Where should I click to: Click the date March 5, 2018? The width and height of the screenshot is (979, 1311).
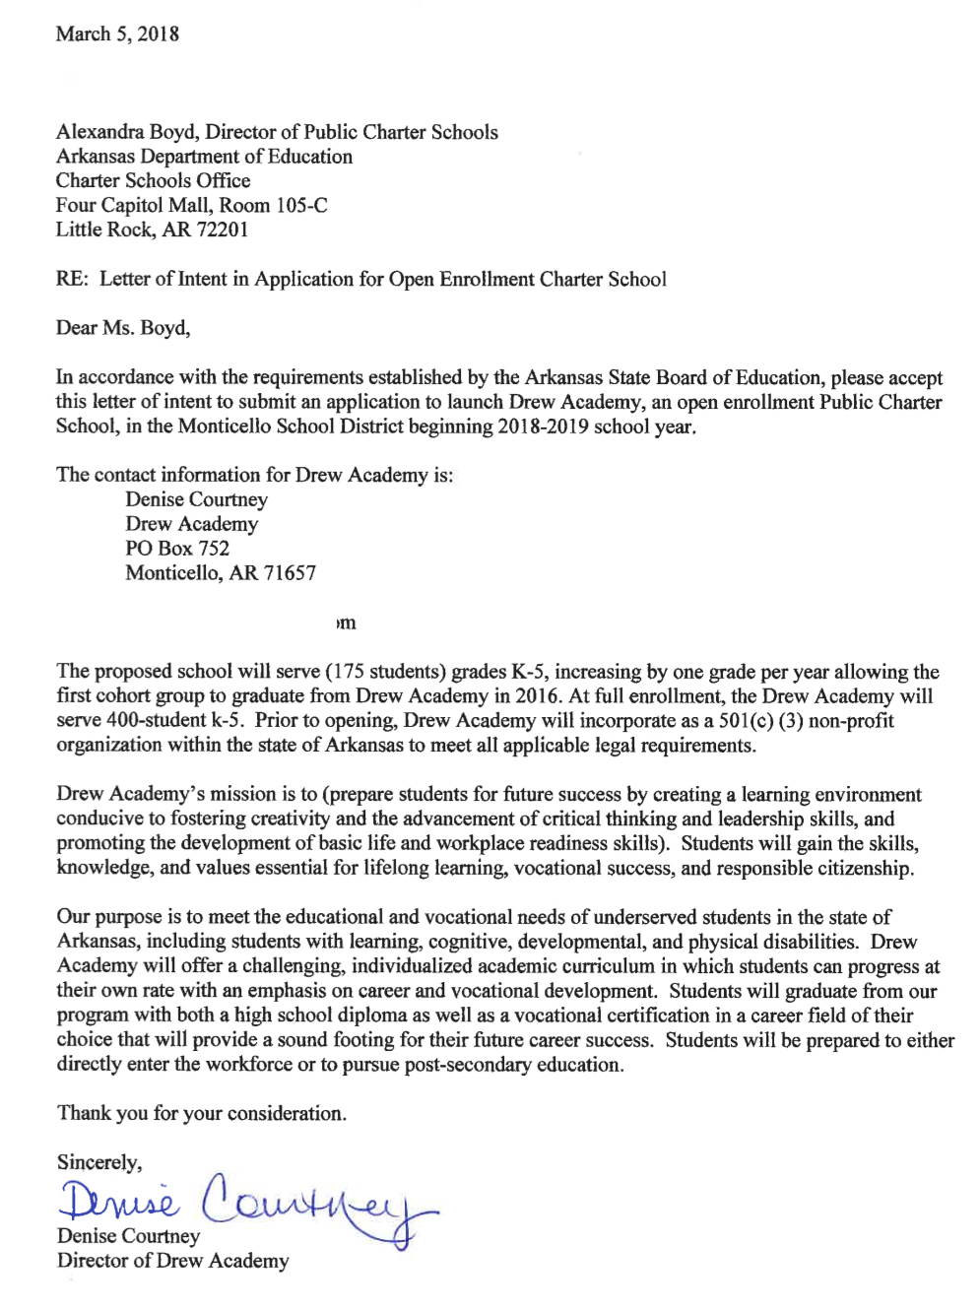117,34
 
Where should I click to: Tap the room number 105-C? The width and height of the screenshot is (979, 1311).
301,205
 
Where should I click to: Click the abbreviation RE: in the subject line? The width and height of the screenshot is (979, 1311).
72,279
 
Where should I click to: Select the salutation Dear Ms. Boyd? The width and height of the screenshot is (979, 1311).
122,328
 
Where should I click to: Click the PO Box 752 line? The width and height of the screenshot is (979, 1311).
177,549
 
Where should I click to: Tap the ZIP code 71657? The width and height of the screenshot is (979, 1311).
290,573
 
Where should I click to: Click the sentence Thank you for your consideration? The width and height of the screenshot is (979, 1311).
202,1113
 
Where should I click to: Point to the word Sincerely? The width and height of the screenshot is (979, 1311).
98,1162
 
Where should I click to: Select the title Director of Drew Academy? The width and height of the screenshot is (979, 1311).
173,1261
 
